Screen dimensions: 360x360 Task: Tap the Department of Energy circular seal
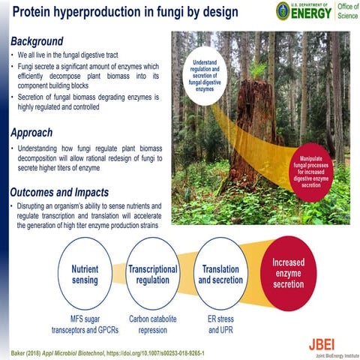tap(283, 11)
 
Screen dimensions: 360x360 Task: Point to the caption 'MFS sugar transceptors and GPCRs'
tap(84, 323)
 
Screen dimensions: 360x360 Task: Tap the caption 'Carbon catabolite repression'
tap(152, 323)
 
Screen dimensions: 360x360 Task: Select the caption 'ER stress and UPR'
tap(220, 323)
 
